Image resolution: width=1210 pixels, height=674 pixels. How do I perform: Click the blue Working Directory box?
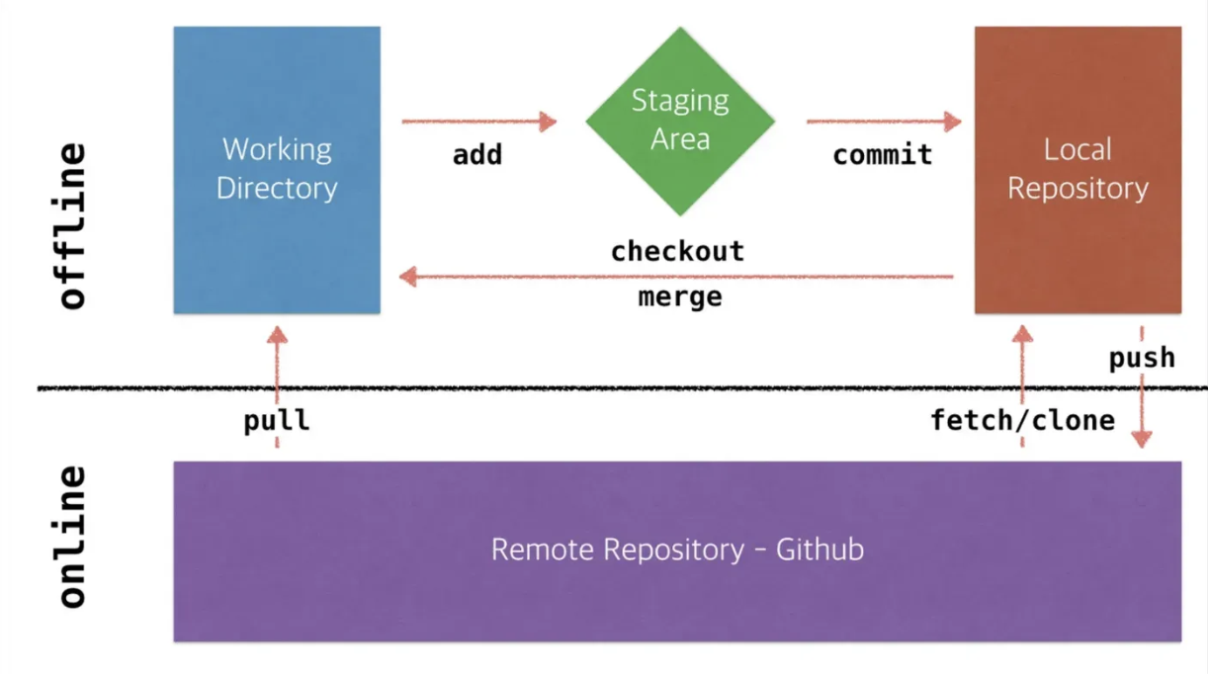[277, 170]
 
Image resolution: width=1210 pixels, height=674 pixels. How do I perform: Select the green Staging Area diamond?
[680, 122]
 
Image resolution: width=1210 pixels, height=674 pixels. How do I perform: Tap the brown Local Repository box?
[1078, 170]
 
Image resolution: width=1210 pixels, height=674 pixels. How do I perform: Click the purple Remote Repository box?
[677, 551]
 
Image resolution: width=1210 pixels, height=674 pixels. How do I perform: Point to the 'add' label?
[477, 155]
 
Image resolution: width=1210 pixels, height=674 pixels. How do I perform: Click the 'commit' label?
[883, 155]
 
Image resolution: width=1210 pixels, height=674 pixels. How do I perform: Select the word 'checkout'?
[678, 252]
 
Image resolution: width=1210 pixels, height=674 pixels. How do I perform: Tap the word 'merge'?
[680, 297]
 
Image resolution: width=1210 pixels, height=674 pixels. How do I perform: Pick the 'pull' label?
[277, 421]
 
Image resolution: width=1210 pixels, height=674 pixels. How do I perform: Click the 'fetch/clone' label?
[1022, 421]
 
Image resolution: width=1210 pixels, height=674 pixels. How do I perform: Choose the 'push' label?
[1142, 359]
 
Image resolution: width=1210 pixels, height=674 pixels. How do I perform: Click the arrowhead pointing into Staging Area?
[548, 122]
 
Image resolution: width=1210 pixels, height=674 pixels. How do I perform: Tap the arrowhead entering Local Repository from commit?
[953, 122]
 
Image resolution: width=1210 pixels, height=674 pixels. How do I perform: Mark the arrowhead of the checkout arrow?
[408, 277]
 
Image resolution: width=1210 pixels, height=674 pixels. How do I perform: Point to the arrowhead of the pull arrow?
[277, 335]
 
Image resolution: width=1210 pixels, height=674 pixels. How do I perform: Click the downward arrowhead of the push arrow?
[1142, 440]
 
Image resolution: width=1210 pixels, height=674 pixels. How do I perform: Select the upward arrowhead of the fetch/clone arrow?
[1022, 334]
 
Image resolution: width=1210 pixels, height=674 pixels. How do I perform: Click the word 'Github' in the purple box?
[820, 549]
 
